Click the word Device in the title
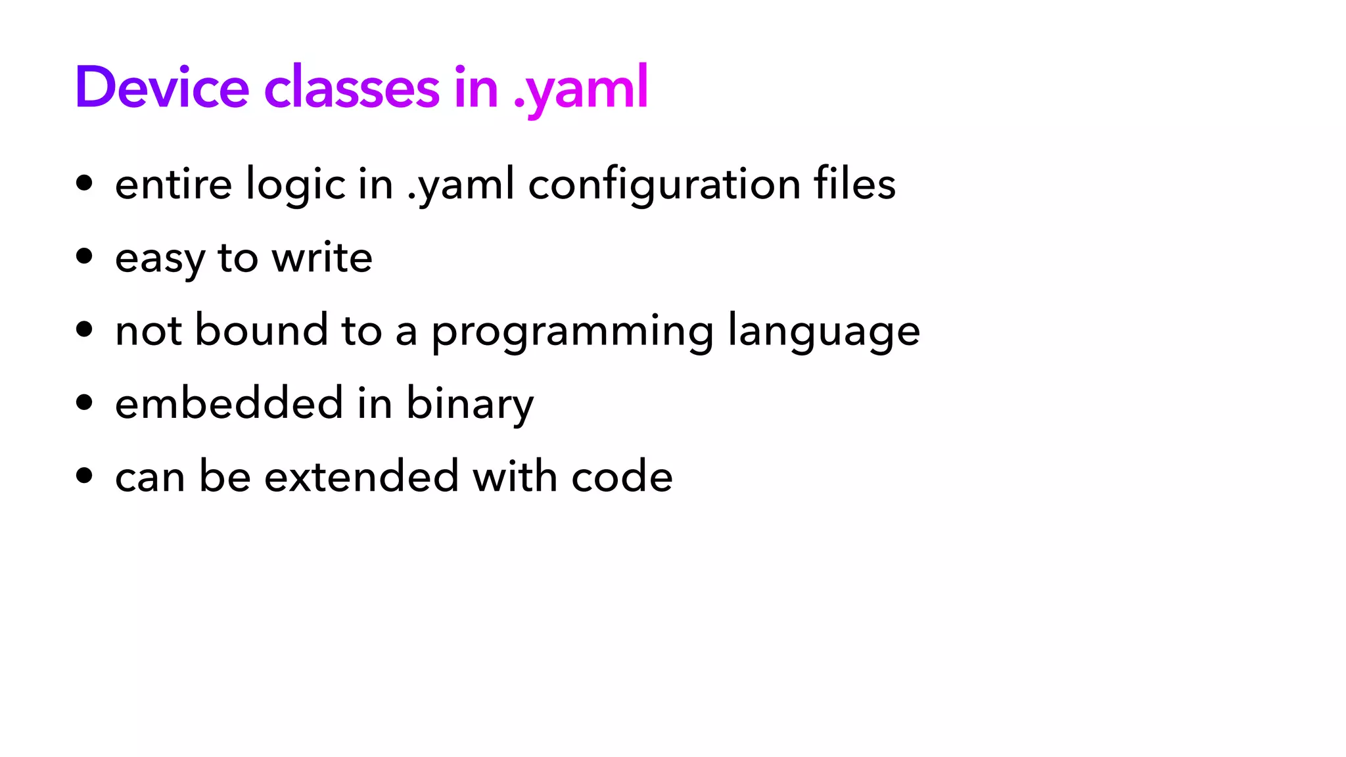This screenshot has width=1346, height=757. point(162,87)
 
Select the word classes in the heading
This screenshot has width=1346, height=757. point(352,87)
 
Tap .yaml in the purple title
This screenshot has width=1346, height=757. point(581,89)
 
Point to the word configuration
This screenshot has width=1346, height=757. point(664,185)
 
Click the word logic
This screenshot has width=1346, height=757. point(296,185)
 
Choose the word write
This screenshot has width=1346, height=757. point(322,257)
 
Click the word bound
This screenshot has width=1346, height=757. point(262,330)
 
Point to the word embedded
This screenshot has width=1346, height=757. point(229,403)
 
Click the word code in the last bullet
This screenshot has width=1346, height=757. point(622,476)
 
